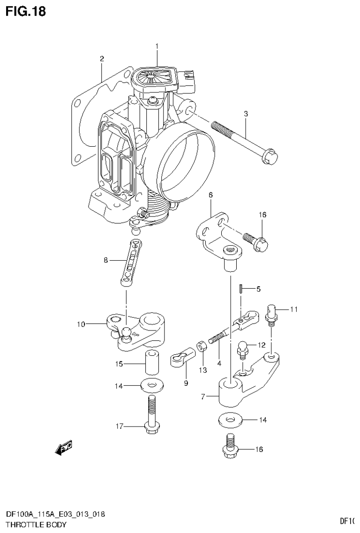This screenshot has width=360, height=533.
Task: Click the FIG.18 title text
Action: pyautogui.click(x=26, y=11)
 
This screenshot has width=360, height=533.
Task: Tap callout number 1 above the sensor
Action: pyautogui.click(x=157, y=46)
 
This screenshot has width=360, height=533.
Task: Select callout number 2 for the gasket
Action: pyautogui.click(x=101, y=59)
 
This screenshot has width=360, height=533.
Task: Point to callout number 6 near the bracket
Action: pyautogui.click(x=210, y=194)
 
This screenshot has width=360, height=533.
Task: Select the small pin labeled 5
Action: pyautogui.click(x=240, y=288)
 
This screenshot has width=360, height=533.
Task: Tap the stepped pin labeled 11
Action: pyautogui.click(x=271, y=314)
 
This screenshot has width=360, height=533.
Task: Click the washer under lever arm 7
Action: pyautogui.click(x=230, y=420)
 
